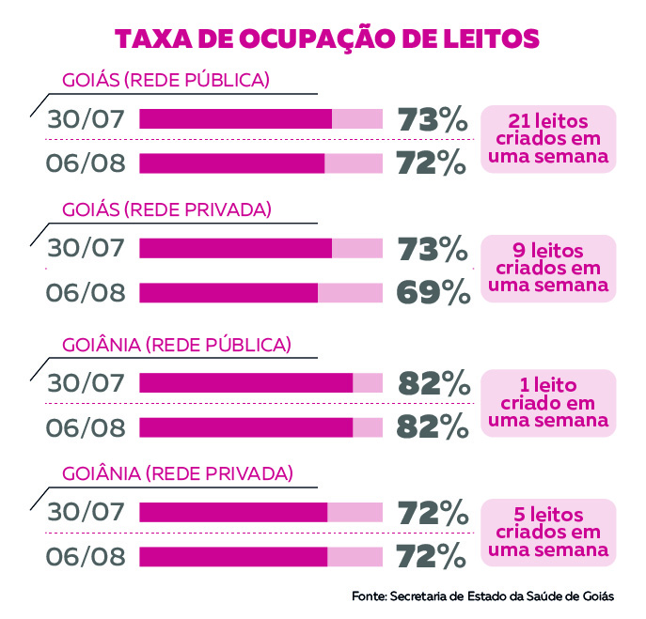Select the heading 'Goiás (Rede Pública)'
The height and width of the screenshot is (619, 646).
pyautogui.click(x=166, y=80)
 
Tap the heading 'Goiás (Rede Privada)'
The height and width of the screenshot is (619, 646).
pyautogui.click(x=167, y=209)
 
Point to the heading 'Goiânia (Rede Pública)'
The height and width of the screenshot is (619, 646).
pyautogui.click(x=177, y=345)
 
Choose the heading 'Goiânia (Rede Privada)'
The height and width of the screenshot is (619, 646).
pyautogui.click(x=178, y=472)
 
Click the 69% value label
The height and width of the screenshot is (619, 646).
pyautogui.click(x=433, y=293)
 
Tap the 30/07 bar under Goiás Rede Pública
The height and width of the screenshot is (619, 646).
pyautogui.click(x=260, y=118)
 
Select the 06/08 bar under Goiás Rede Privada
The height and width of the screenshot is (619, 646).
pyautogui.click(x=260, y=293)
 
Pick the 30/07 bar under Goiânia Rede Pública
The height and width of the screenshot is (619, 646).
pyautogui.click(x=260, y=382)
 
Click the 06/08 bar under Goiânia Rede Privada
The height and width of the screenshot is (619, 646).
pyautogui.click(x=260, y=556)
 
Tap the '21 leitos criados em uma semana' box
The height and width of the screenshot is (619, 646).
pyautogui.click(x=548, y=139)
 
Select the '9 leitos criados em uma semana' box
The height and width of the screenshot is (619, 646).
pyautogui.click(x=548, y=268)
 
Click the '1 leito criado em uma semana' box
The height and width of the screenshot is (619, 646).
pyautogui.click(x=548, y=402)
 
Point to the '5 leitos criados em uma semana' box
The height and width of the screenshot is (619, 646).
pyautogui.click(x=548, y=533)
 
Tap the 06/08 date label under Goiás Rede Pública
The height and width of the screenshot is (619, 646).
pyautogui.click(x=86, y=163)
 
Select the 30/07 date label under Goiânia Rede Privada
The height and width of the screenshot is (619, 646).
pyautogui.click(x=86, y=512)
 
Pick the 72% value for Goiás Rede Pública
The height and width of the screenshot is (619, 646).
pyautogui.click(x=433, y=163)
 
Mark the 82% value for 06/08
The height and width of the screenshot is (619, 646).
pyautogui.click(x=433, y=427)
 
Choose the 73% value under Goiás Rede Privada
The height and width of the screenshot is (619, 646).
pyautogui.click(x=433, y=249)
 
